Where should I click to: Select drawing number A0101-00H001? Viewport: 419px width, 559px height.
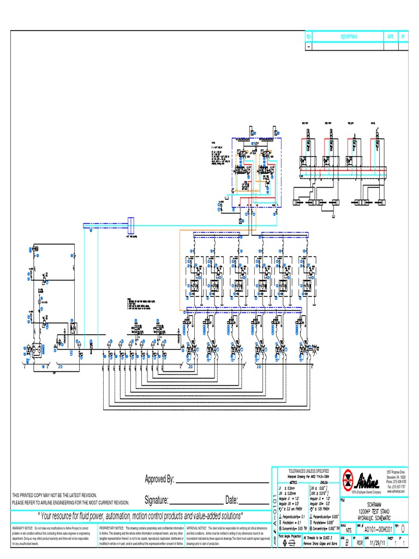pyautogui.click(x=379, y=530)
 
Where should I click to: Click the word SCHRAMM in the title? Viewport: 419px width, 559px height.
pyautogui.click(x=373, y=505)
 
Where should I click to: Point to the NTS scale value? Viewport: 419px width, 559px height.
pyautogui.click(x=348, y=530)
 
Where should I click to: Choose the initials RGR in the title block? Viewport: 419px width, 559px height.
pyautogui.click(x=360, y=544)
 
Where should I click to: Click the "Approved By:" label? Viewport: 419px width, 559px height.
pyautogui.click(x=159, y=479)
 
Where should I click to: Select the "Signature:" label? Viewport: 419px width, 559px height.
pyautogui.click(x=157, y=500)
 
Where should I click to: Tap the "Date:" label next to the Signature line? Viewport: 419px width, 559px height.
pyautogui.click(x=231, y=500)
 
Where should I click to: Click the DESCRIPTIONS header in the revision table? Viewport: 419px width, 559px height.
pyautogui.click(x=349, y=37)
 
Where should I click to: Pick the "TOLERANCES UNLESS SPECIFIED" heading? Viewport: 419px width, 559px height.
pyautogui.click(x=308, y=470)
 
